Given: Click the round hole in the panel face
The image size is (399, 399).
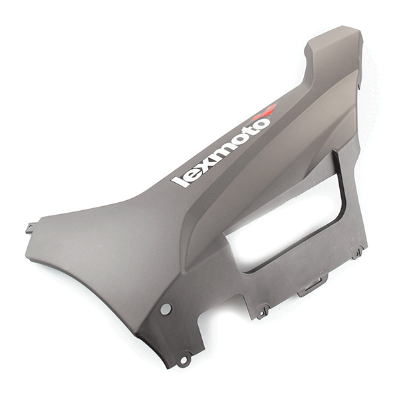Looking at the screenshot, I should (166, 309).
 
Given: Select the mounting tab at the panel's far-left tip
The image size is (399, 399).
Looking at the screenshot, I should (30, 229).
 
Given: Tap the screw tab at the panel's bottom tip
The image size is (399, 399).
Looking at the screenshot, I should (184, 360).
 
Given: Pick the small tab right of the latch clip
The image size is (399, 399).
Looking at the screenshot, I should (358, 252).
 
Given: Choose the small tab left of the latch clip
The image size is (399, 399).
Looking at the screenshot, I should (263, 311).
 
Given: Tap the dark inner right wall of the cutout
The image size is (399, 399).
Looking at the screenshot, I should (340, 193).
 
